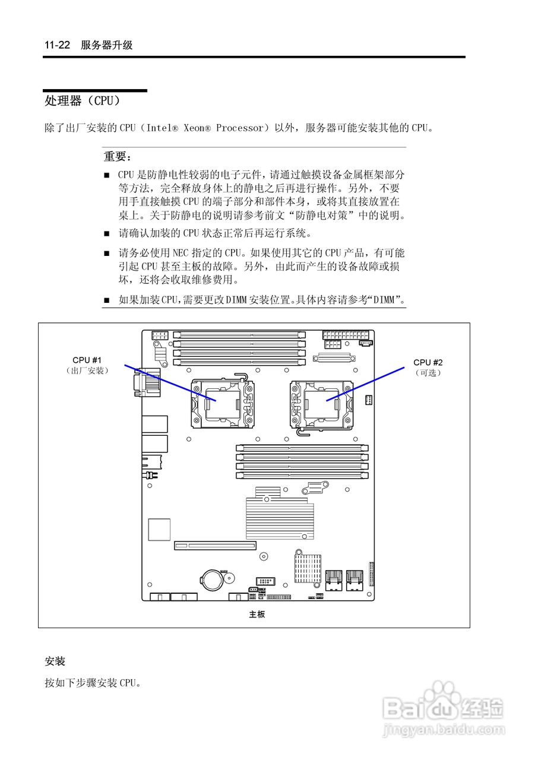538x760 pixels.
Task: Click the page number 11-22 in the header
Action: [58, 45]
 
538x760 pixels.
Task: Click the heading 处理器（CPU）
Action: [83, 101]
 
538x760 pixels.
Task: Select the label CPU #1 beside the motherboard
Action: [87, 360]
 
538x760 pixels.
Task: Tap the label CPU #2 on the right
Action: [428, 362]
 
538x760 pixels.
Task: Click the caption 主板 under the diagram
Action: [257, 615]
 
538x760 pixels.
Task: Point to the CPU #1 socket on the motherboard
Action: [223, 404]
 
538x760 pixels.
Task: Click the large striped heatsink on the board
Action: [280, 514]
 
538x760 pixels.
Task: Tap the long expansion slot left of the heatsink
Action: [215, 546]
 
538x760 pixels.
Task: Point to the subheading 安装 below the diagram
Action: [55, 661]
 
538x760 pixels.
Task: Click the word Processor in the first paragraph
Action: [240, 128]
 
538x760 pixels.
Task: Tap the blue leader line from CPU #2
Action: [365, 384]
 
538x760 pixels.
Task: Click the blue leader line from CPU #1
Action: [170, 383]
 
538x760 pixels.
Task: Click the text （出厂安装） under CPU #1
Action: [87, 370]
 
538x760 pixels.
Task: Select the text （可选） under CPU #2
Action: [428, 373]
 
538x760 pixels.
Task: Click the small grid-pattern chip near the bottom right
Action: [308, 568]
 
